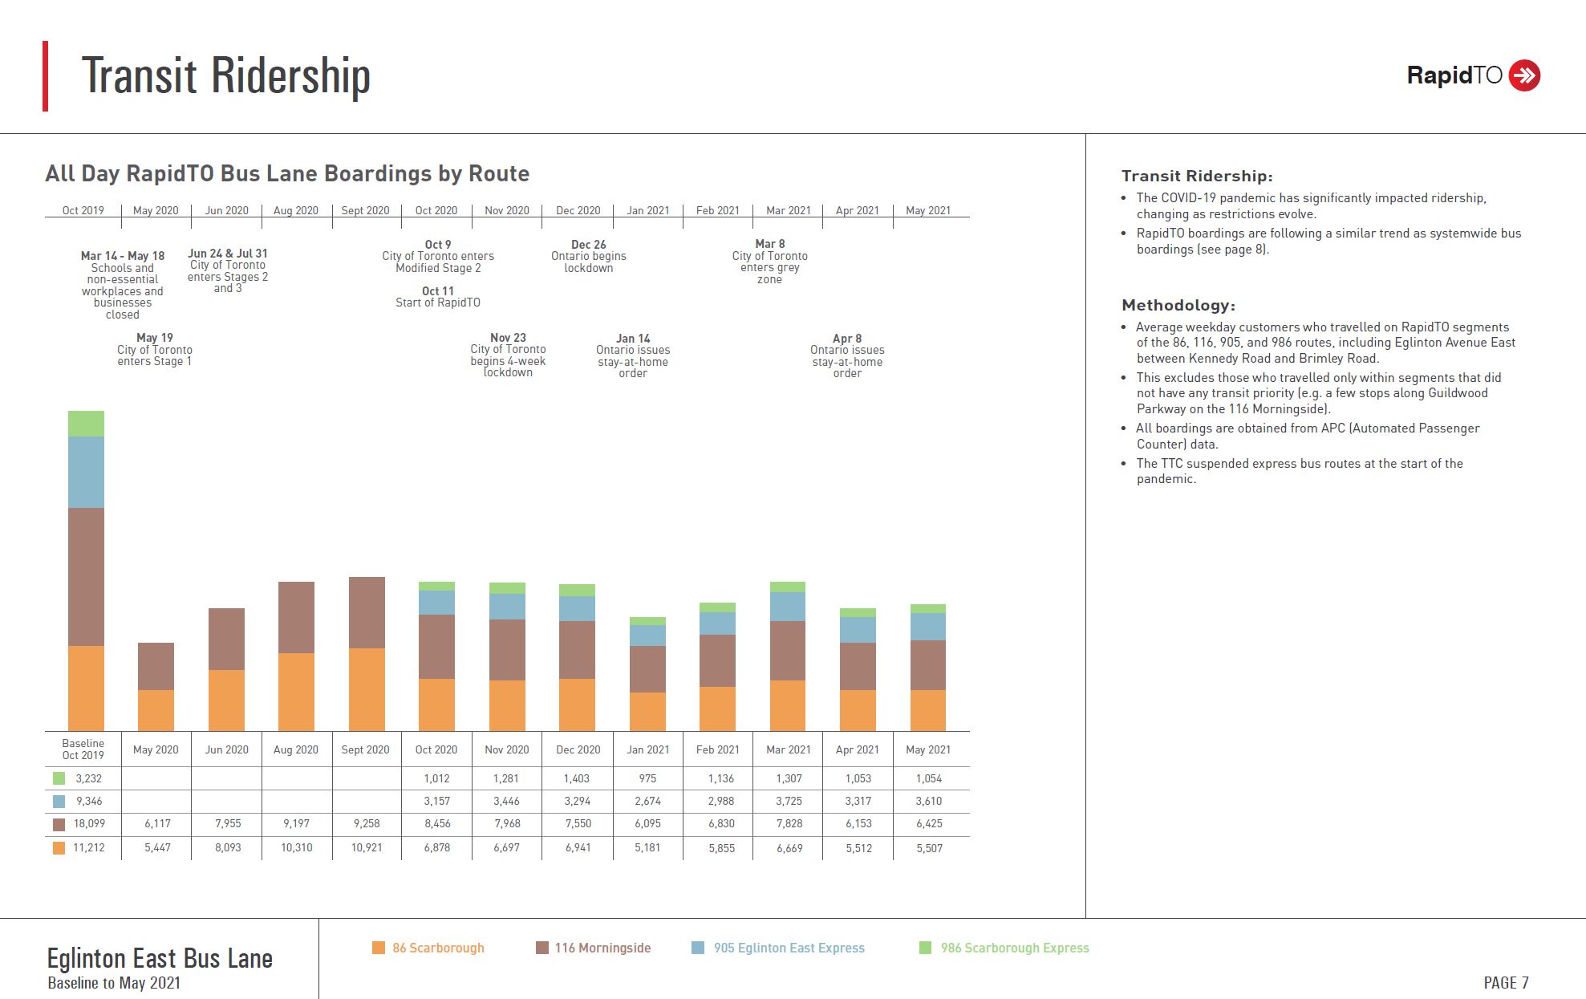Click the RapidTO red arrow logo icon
(x=1523, y=75)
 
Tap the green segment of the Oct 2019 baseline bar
(x=86, y=424)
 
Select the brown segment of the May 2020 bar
(x=156, y=666)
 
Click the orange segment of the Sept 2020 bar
(x=367, y=689)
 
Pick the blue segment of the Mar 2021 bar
(x=787, y=607)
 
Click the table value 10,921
(x=367, y=847)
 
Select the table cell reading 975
(x=647, y=778)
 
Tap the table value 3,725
(x=789, y=801)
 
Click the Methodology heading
(x=1178, y=305)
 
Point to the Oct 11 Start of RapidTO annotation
(x=438, y=297)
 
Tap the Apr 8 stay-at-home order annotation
(x=847, y=355)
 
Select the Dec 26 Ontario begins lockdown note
(x=588, y=256)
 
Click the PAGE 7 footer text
(x=1506, y=983)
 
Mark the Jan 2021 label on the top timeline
(x=647, y=210)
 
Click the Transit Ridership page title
(x=226, y=76)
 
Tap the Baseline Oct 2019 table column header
(x=83, y=749)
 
